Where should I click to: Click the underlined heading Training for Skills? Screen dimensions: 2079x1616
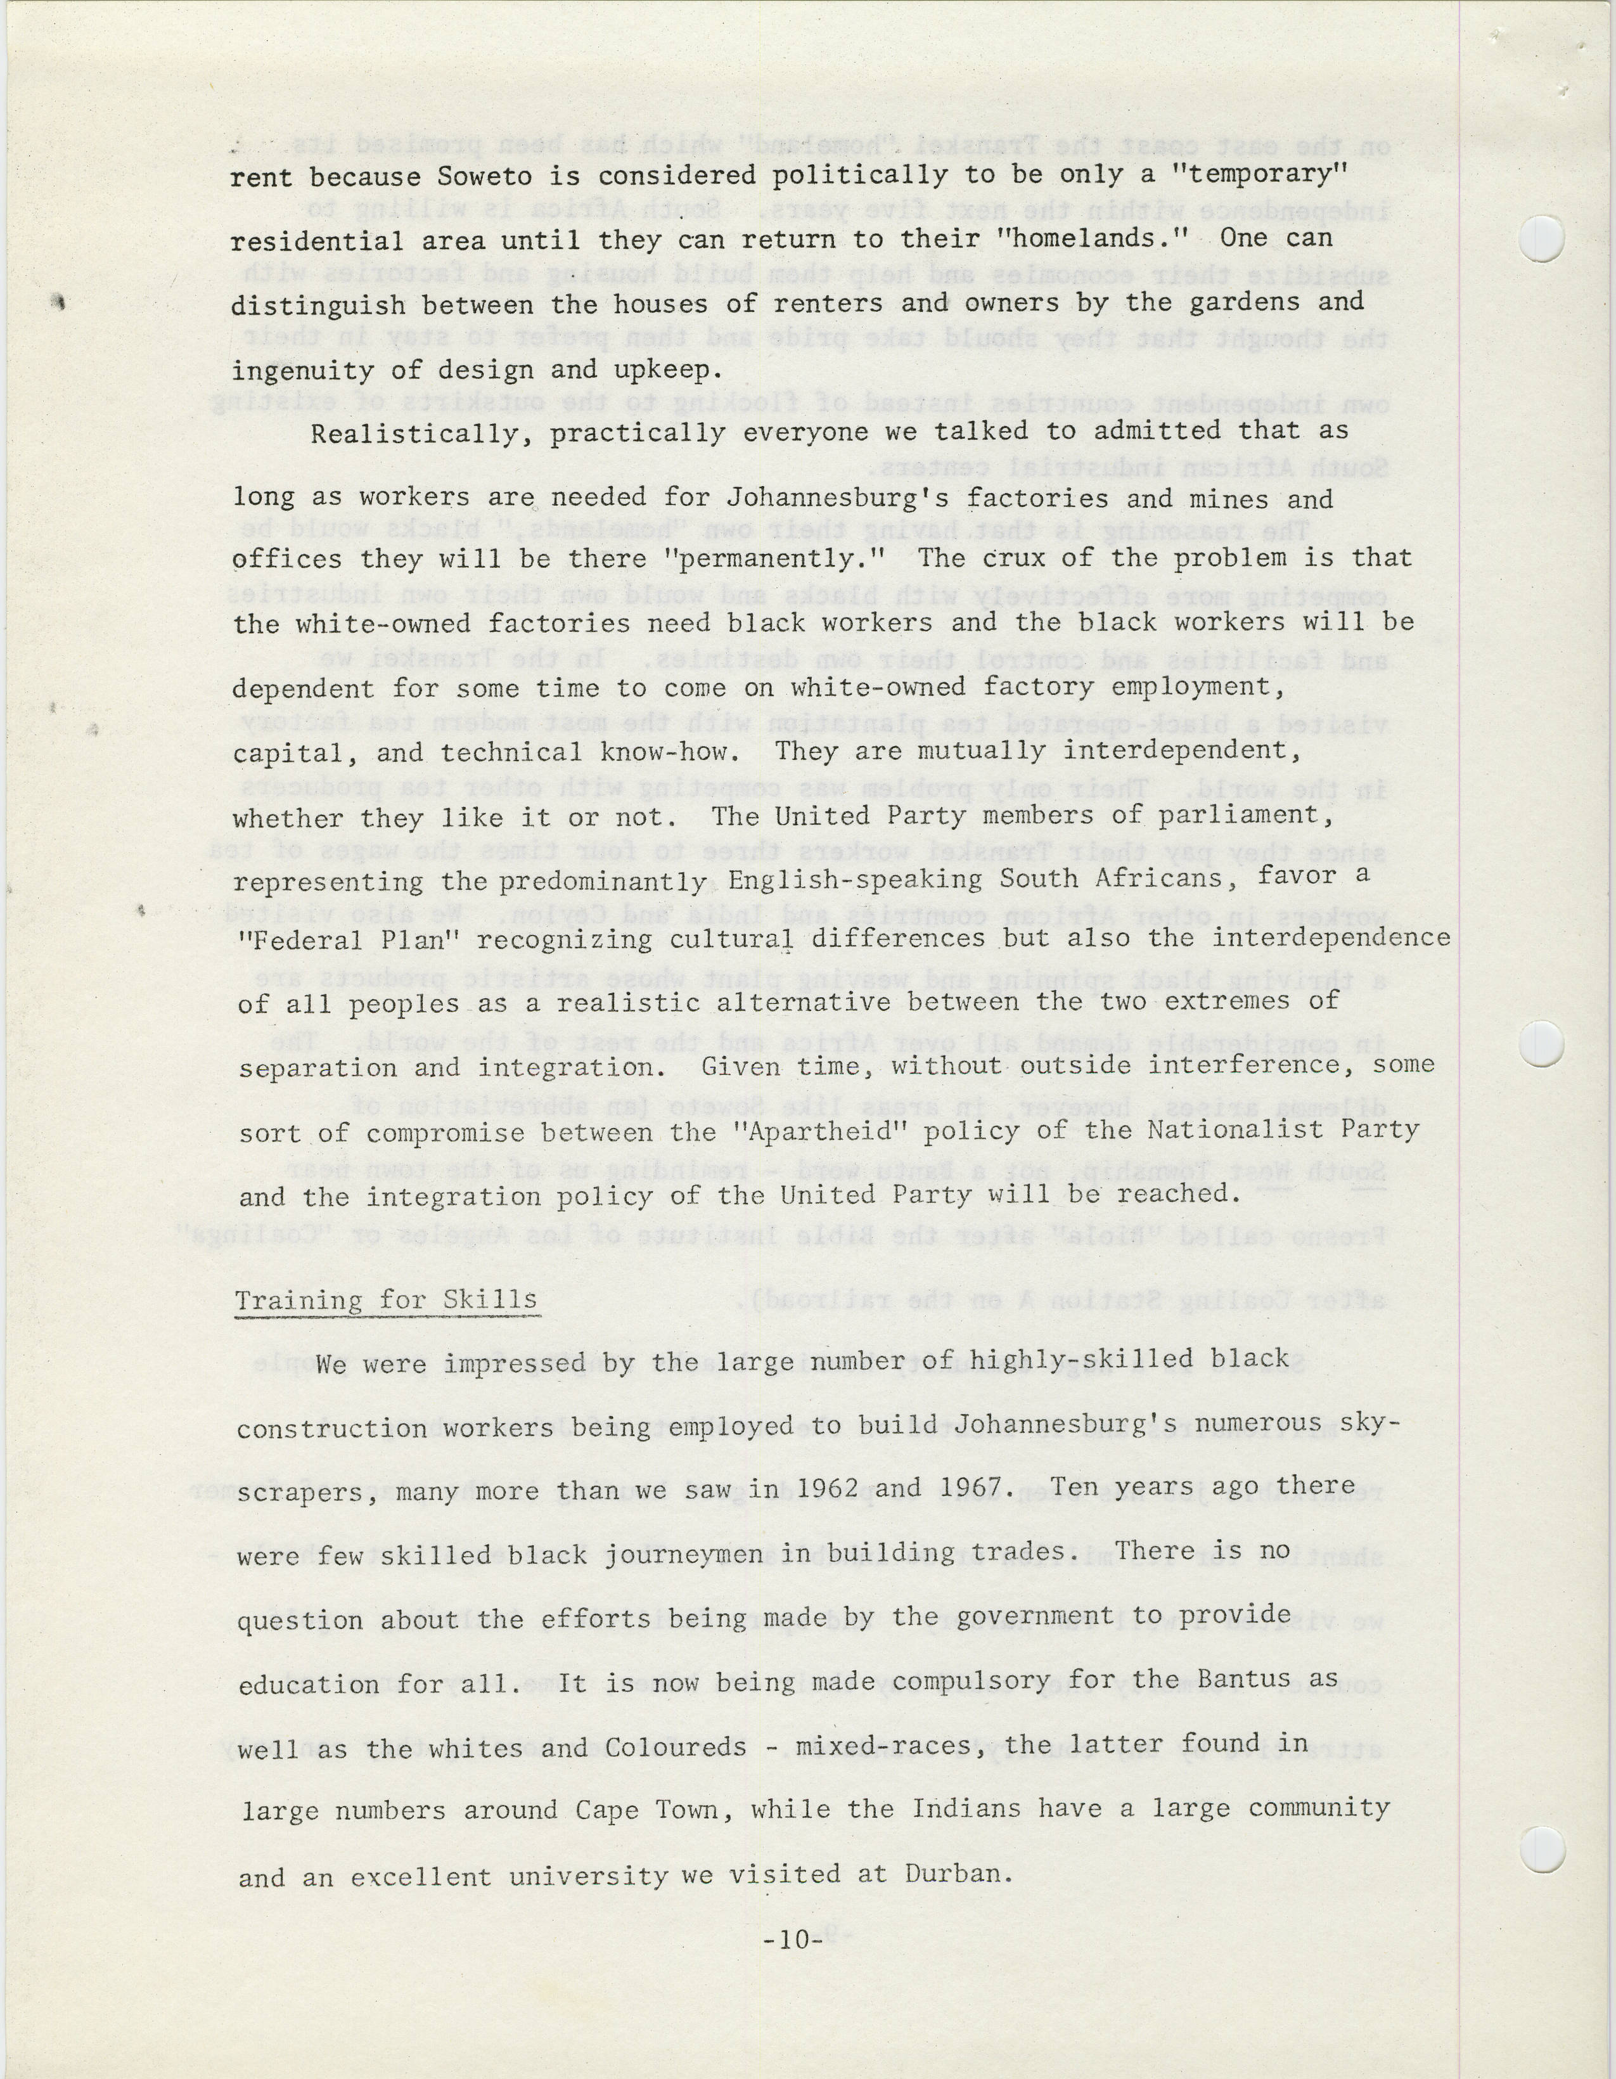(x=387, y=1301)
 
